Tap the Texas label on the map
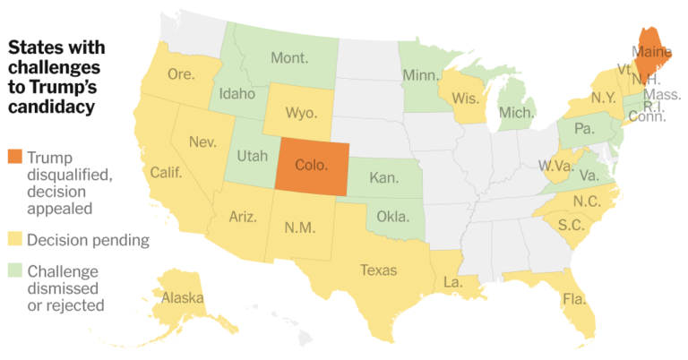(377, 269)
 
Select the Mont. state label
(288, 58)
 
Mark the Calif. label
(167, 172)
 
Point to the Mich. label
(517, 114)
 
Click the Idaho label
(237, 92)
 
